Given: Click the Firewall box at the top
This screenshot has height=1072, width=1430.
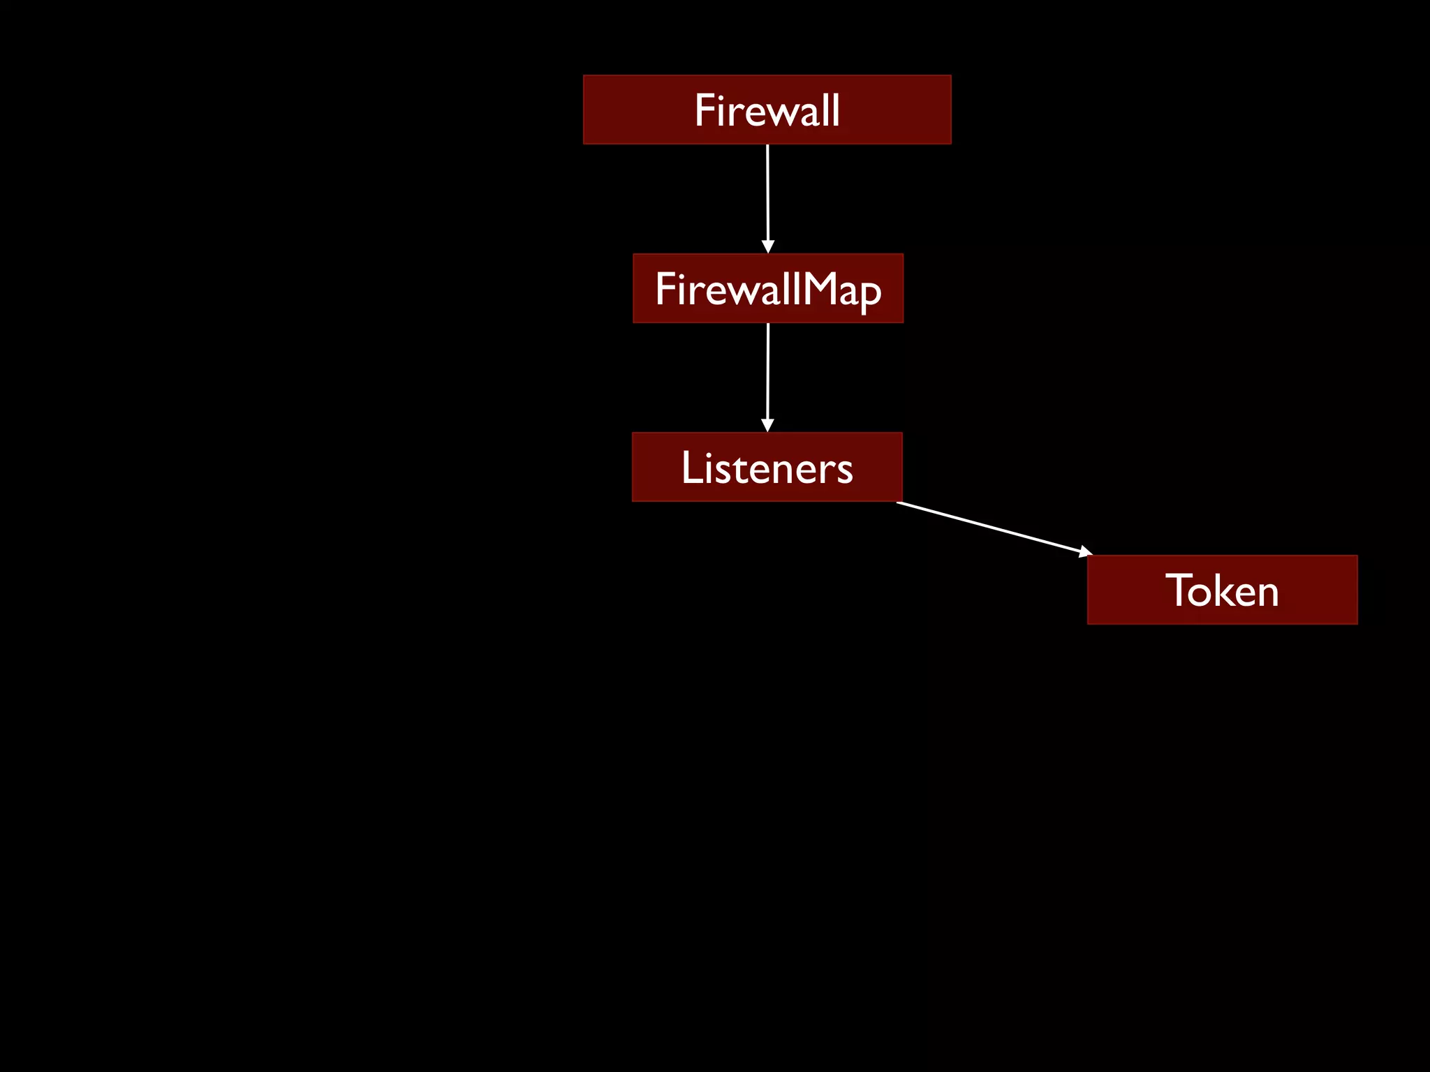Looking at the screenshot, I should pyautogui.click(x=767, y=110).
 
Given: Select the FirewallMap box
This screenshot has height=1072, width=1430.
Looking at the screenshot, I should pyautogui.click(x=767, y=288).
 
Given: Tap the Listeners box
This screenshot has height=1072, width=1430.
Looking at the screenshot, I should pyautogui.click(x=767, y=467).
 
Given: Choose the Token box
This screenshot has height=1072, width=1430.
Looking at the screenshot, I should pyautogui.click(x=1222, y=590).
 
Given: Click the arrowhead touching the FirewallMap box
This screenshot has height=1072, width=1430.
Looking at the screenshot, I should pyautogui.click(x=768, y=247).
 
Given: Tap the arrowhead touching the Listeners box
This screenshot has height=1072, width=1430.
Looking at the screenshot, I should pyautogui.click(x=767, y=426).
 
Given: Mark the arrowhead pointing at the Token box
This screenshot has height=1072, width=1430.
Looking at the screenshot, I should pyautogui.click(x=1085, y=552).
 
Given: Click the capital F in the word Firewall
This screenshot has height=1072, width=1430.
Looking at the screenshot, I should pyautogui.click(x=705, y=110).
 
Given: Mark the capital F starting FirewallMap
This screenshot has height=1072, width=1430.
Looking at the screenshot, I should pyautogui.click(x=665, y=289).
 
